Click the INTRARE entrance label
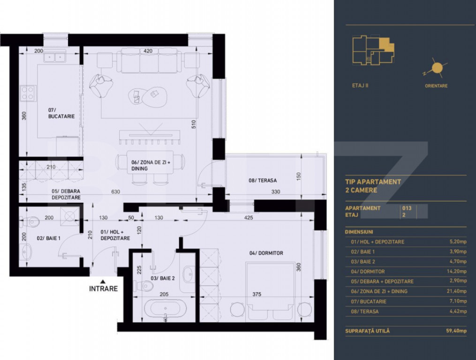tap(103, 289)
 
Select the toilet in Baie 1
tap(30, 222)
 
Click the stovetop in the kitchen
tap(28, 93)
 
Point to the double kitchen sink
tap(55, 57)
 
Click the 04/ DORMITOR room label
tap(266, 253)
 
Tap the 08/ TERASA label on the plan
tap(263, 180)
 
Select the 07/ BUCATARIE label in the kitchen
tap(61, 113)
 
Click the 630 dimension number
tap(116, 192)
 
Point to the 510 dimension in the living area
tap(194, 124)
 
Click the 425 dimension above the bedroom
tap(249, 217)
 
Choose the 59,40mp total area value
tap(456, 331)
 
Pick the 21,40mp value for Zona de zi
tap(457, 291)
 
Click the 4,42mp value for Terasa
tap(458, 311)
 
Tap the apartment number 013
tap(407, 208)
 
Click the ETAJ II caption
tap(360, 86)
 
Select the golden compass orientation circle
tap(437, 68)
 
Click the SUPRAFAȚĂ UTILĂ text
tap(367, 331)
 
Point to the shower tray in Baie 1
tap(69, 217)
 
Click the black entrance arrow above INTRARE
tap(103, 281)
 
